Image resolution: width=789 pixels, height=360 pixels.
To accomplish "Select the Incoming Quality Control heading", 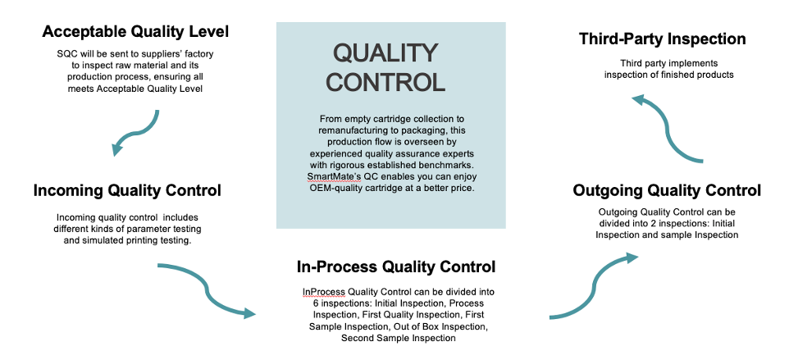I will [x=127, y=191].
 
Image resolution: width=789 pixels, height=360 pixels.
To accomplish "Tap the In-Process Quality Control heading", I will [x=396, y=267].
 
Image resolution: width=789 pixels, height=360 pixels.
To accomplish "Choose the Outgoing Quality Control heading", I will [x=666, y=191].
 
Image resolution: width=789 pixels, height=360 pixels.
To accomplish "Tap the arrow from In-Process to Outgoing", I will [x=594, y=287].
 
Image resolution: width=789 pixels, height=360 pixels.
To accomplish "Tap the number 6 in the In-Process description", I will [x=312, y=303].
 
